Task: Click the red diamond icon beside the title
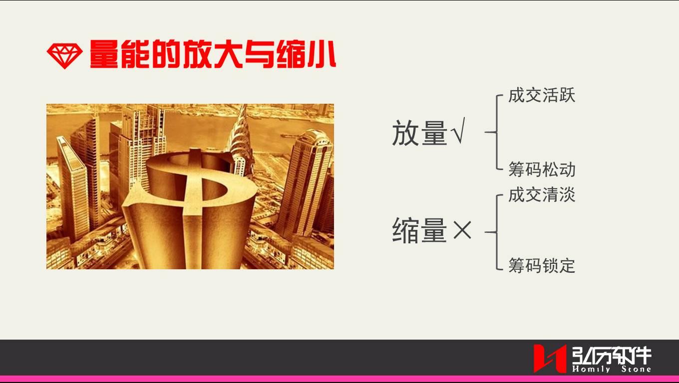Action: pos(64,55)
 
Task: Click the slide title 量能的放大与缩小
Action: pos(213,54)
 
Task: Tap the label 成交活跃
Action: pos(542,95)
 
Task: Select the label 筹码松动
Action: pos(542,170)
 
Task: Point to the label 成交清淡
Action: pos(542,194)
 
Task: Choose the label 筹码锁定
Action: pos(542,265)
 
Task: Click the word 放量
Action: pos(419,134)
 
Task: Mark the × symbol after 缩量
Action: pos(462,231)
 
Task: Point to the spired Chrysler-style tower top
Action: pos(242,130)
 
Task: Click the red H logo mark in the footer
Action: pos(550,358)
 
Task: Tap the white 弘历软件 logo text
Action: pos(612,355)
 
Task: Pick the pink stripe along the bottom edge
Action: pos(339,379)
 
